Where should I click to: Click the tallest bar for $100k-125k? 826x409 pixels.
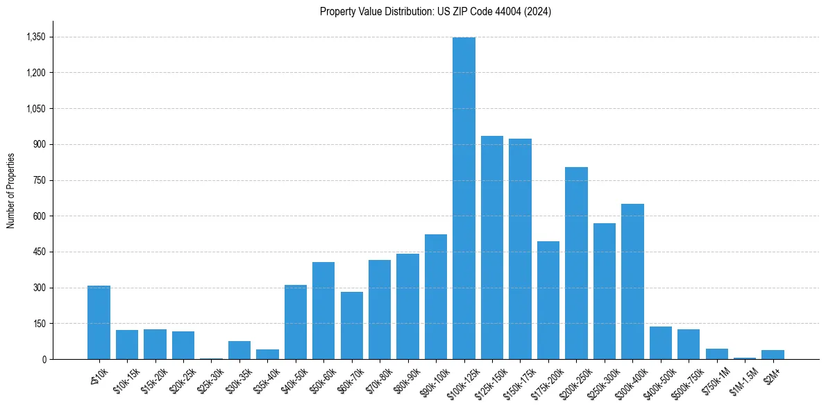(464, 198)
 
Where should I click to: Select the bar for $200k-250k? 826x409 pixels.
(576, 263)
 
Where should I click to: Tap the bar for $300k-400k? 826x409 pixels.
(632, 281)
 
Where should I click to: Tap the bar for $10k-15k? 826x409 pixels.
(127, 345)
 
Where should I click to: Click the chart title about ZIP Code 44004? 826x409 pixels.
(436, 12)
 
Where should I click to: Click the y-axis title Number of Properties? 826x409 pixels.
(10, 191)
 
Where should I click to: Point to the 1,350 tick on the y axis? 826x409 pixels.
(35, 37)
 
